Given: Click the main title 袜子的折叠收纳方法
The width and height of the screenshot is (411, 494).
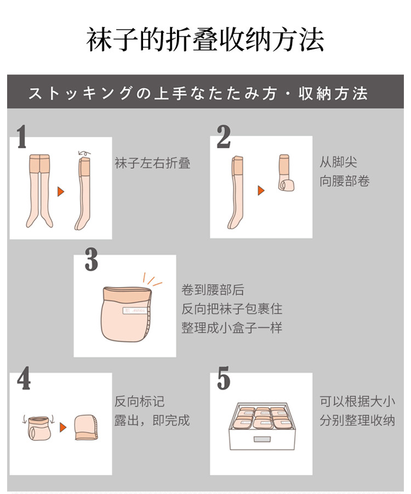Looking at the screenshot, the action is pos(205,39).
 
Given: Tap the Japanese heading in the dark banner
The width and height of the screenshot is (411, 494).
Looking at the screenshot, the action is pos(198,93).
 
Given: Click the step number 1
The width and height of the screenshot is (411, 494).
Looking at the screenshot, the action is pos(21,136).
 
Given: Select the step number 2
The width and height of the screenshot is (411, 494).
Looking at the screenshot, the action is pos(224,136).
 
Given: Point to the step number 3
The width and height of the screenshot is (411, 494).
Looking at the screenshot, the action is pos(92,259).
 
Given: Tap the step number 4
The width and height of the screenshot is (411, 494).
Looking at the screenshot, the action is pos(24,378).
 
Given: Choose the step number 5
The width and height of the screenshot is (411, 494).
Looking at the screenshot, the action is pos(224,378).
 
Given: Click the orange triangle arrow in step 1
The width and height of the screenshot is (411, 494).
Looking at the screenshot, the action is pos(61,192).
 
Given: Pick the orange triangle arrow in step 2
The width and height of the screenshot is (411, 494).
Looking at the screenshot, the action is pos(261,190).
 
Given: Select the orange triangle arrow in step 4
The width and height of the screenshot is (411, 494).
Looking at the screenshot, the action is pos(63,427).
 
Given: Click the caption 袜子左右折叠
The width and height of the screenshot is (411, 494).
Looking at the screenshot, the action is pos(152,163).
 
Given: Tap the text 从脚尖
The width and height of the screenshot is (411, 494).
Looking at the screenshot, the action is pos(339,162).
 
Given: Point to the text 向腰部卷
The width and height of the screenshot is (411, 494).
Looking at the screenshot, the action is pos(345,181).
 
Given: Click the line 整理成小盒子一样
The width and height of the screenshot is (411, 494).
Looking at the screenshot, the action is pos(232,328).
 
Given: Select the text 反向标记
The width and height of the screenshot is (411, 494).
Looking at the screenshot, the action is pos(140,401).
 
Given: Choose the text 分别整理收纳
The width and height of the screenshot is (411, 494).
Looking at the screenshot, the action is pos(357,420).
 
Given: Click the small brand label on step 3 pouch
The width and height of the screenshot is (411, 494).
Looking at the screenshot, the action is pos(135,311).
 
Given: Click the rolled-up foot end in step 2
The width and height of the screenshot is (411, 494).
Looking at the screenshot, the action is pos(286,185).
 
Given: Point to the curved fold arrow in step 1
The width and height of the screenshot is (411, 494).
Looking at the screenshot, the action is pos(84,153).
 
